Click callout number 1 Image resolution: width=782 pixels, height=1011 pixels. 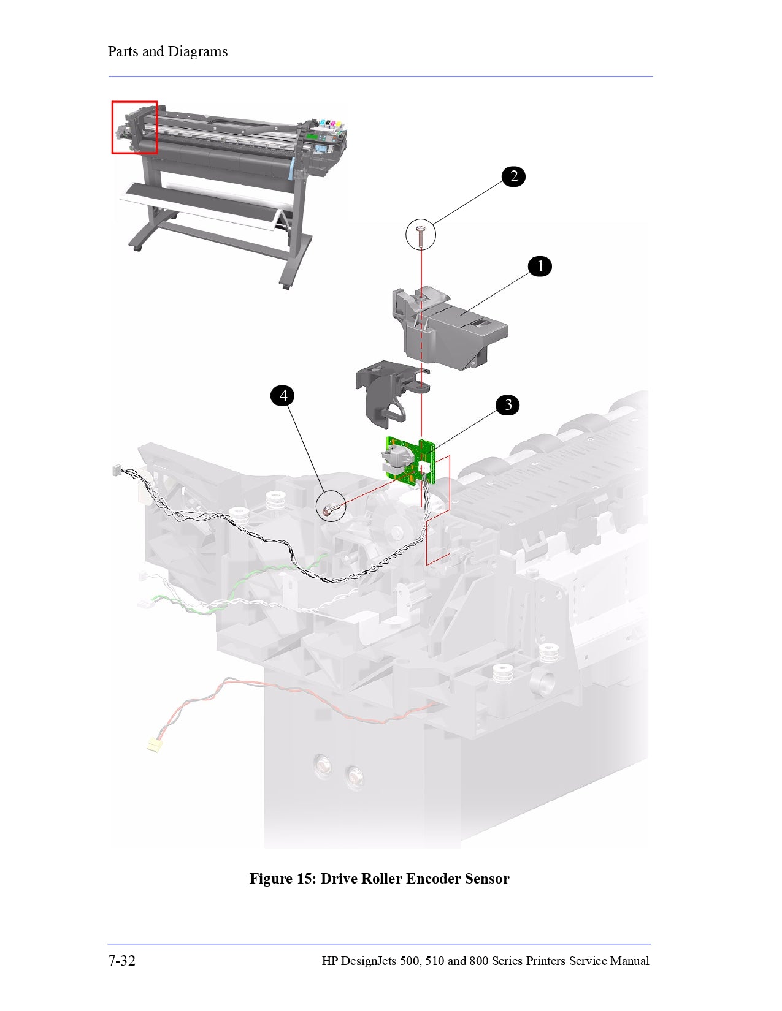[x=540, y=267]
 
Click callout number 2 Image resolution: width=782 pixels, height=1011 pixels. [x=513, y=176]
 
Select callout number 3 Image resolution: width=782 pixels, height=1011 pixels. [x=508, y=405]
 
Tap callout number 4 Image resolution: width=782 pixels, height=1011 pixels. [x=283, y=396]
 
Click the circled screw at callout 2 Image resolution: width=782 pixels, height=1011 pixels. [x=421, y=235]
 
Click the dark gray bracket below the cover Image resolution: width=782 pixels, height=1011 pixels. [x=380, y=392]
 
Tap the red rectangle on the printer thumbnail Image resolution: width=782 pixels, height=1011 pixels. [x=134, y=127]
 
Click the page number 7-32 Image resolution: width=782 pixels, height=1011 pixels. [x=122, y=961]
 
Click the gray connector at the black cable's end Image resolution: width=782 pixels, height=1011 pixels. [x=115, y=471]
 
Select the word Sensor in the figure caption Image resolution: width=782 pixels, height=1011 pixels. [x=487, y=879]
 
